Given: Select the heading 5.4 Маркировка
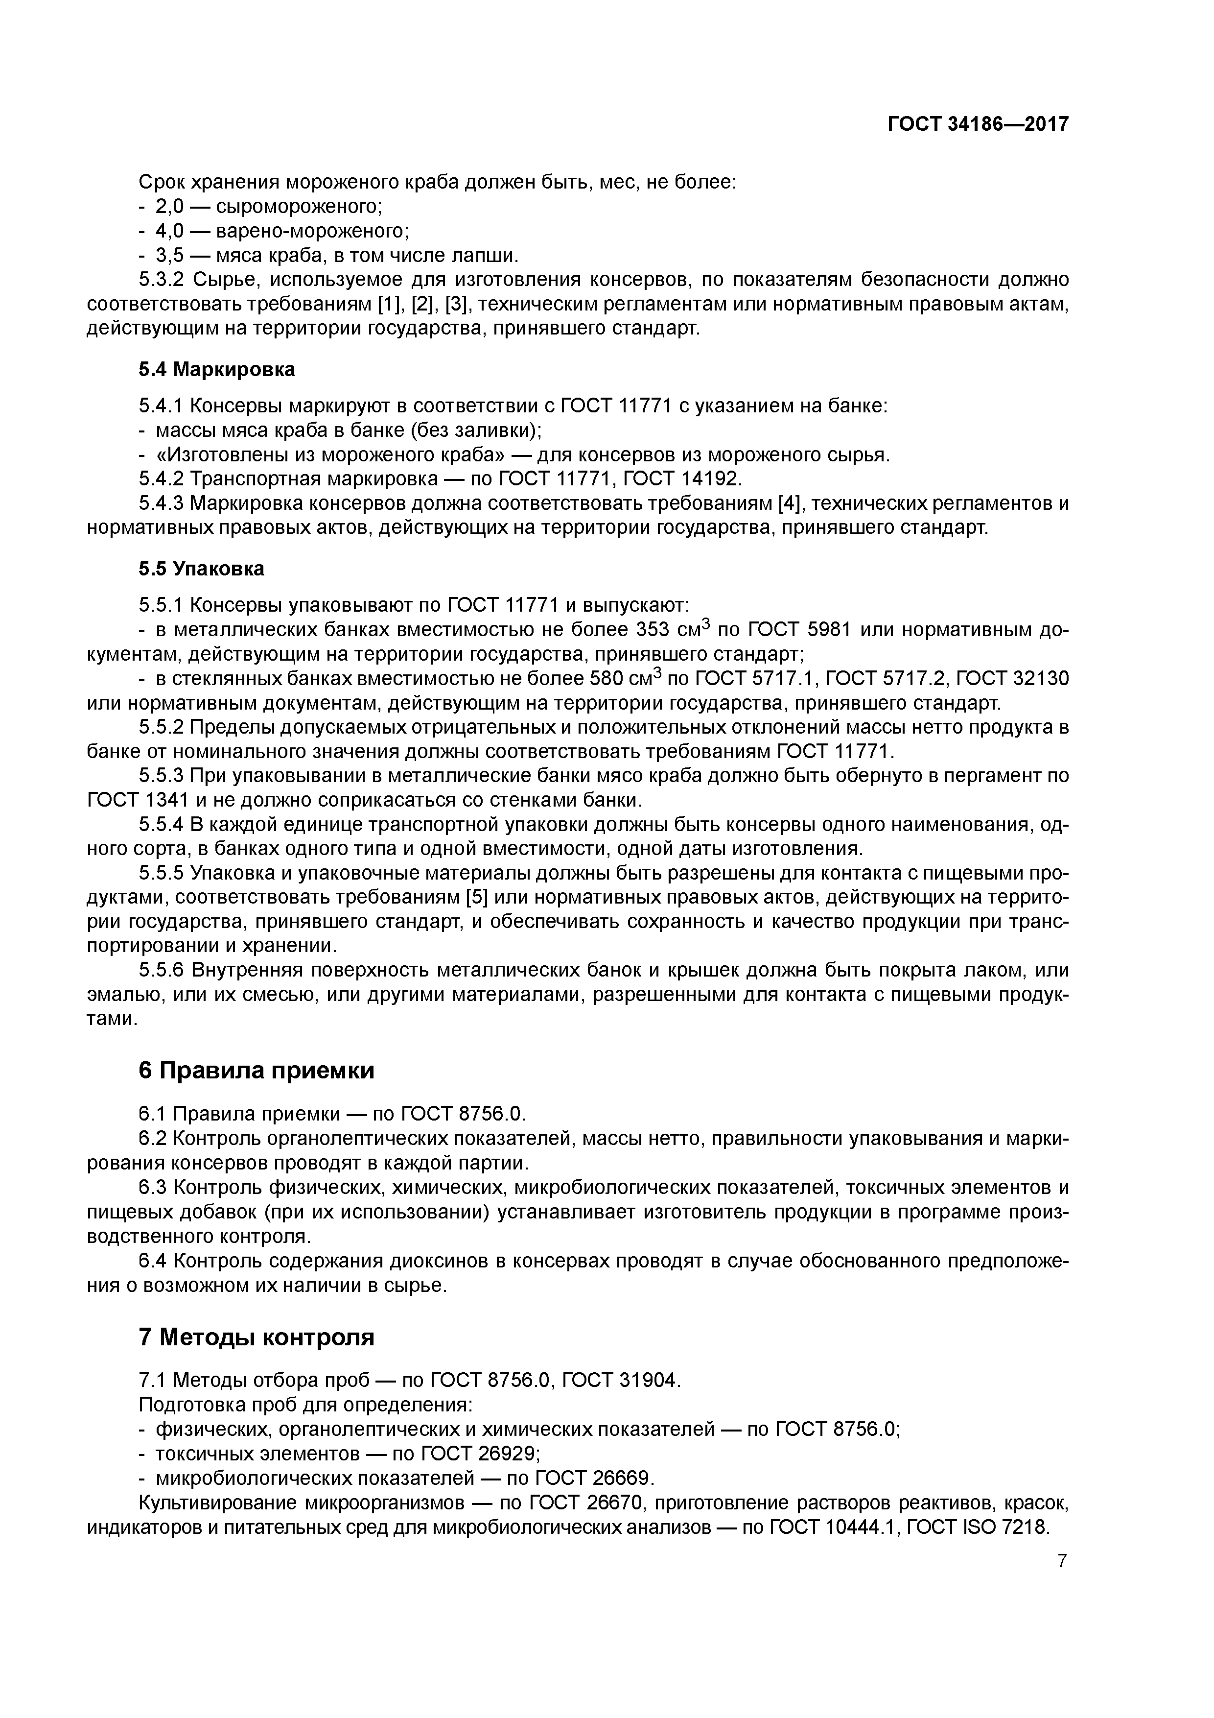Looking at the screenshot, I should coord(217,370).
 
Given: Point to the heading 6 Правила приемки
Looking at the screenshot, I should coord(257,1071).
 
